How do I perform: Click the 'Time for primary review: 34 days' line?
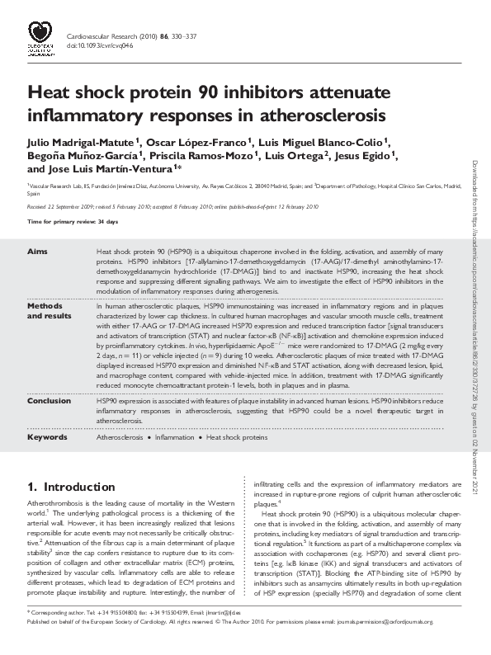pos(73,223)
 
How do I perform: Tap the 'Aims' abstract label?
pos(37,250)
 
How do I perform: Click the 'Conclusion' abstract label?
pos(49,400)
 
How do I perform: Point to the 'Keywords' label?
pos(47,437)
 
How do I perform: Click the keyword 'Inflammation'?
pos(174,437)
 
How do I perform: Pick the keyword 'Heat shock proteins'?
pos(237,437)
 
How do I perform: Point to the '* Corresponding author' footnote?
pos(58,636)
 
